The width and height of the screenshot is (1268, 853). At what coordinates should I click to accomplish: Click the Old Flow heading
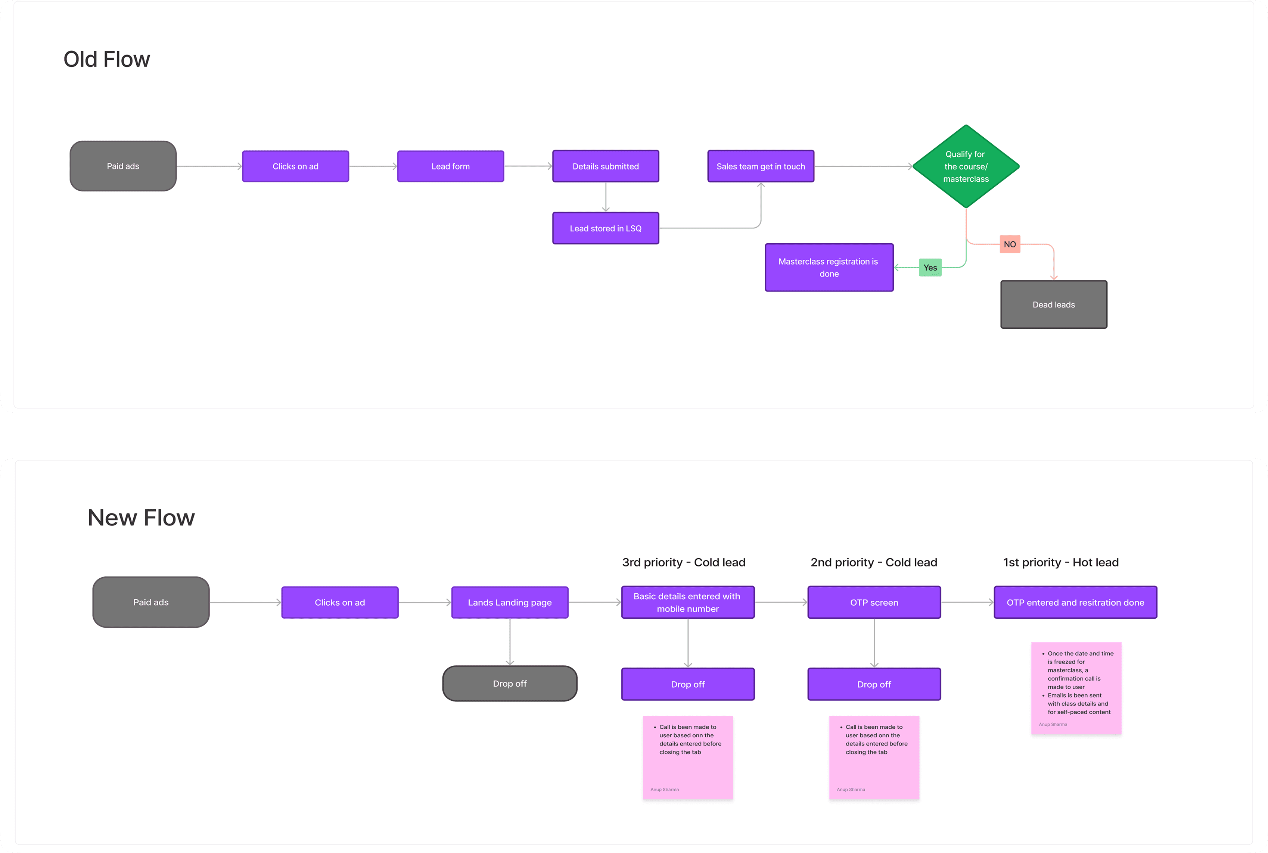(x=107, y=59)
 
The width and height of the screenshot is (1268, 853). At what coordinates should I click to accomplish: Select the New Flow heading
(x=141, y=517)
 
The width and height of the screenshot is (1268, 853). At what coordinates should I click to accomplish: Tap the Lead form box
(x=451, y=166)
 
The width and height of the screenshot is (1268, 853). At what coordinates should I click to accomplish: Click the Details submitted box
(x=606, y=166)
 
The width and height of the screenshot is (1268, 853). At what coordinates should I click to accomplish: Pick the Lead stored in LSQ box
(x=606, y=228)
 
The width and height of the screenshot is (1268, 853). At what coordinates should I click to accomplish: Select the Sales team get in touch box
(x=761, y=166)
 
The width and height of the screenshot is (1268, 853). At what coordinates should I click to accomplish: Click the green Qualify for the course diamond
(x=966, y=166)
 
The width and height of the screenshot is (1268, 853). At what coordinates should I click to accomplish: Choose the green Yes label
(x=930, y=268)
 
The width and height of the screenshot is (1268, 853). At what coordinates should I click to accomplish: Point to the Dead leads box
(x=1054, y=304)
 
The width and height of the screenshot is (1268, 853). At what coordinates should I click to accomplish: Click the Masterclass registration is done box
(x=829, y=268)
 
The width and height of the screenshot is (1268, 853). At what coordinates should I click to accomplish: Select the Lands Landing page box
(x=510, y=602)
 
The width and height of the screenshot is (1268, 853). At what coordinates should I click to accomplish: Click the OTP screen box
(x=874, y=602)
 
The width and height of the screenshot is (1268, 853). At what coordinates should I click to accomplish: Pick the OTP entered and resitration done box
(x=1076, y=602)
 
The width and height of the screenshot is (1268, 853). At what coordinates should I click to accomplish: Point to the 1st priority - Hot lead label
(x=1061, y=562)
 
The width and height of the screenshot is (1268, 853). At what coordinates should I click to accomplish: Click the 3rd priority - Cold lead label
(x=684, y=562)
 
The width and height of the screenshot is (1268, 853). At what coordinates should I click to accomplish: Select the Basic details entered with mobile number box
(x=688, y=602)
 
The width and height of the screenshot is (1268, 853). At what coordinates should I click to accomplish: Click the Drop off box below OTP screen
(x=874, y=684)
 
